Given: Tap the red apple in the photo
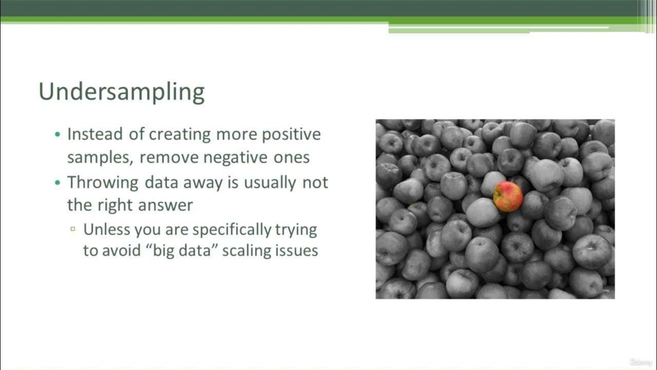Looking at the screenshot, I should click(508, 196).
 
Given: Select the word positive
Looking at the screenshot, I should click(291, 135).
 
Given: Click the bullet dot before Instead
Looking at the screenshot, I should click(57, 135).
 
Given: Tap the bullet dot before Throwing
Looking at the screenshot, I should click(57, 183).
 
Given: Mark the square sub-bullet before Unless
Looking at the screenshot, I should click(73, 229).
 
